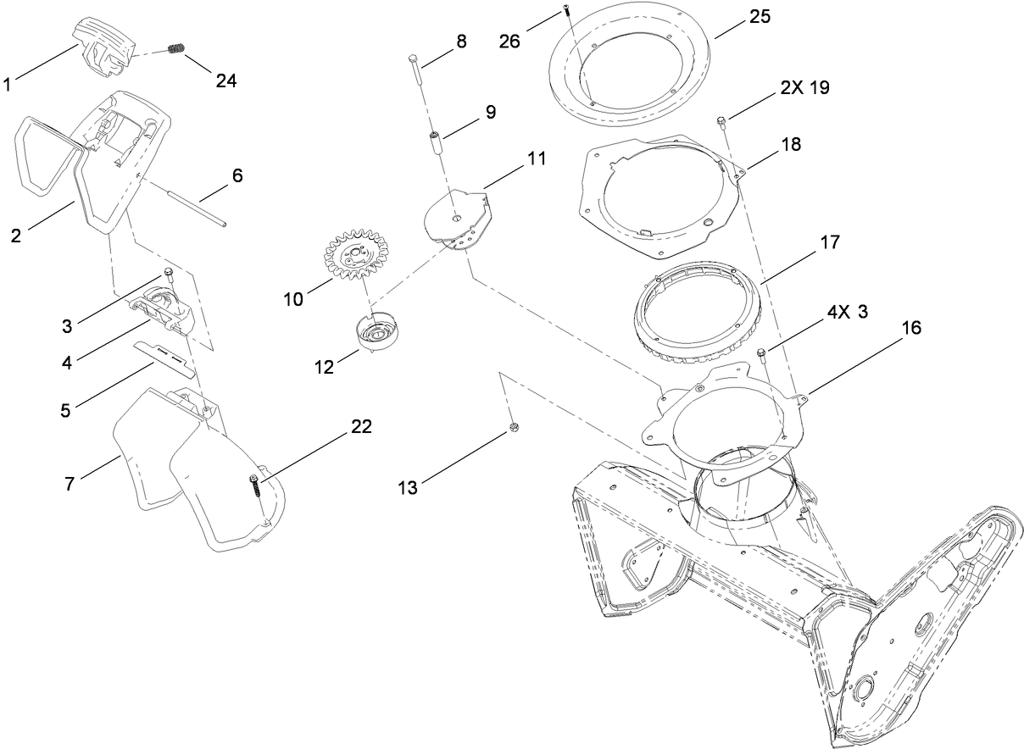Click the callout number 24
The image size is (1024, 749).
coord(225,81)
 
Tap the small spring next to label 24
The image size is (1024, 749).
coord(176,49)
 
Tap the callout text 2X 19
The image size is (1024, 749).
coord(799,88)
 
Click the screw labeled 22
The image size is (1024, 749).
coord(254,486)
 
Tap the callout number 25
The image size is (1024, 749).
coord(760,18)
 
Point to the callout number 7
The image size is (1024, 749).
coord(70,484)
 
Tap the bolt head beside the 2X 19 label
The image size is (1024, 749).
coord(721,121)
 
